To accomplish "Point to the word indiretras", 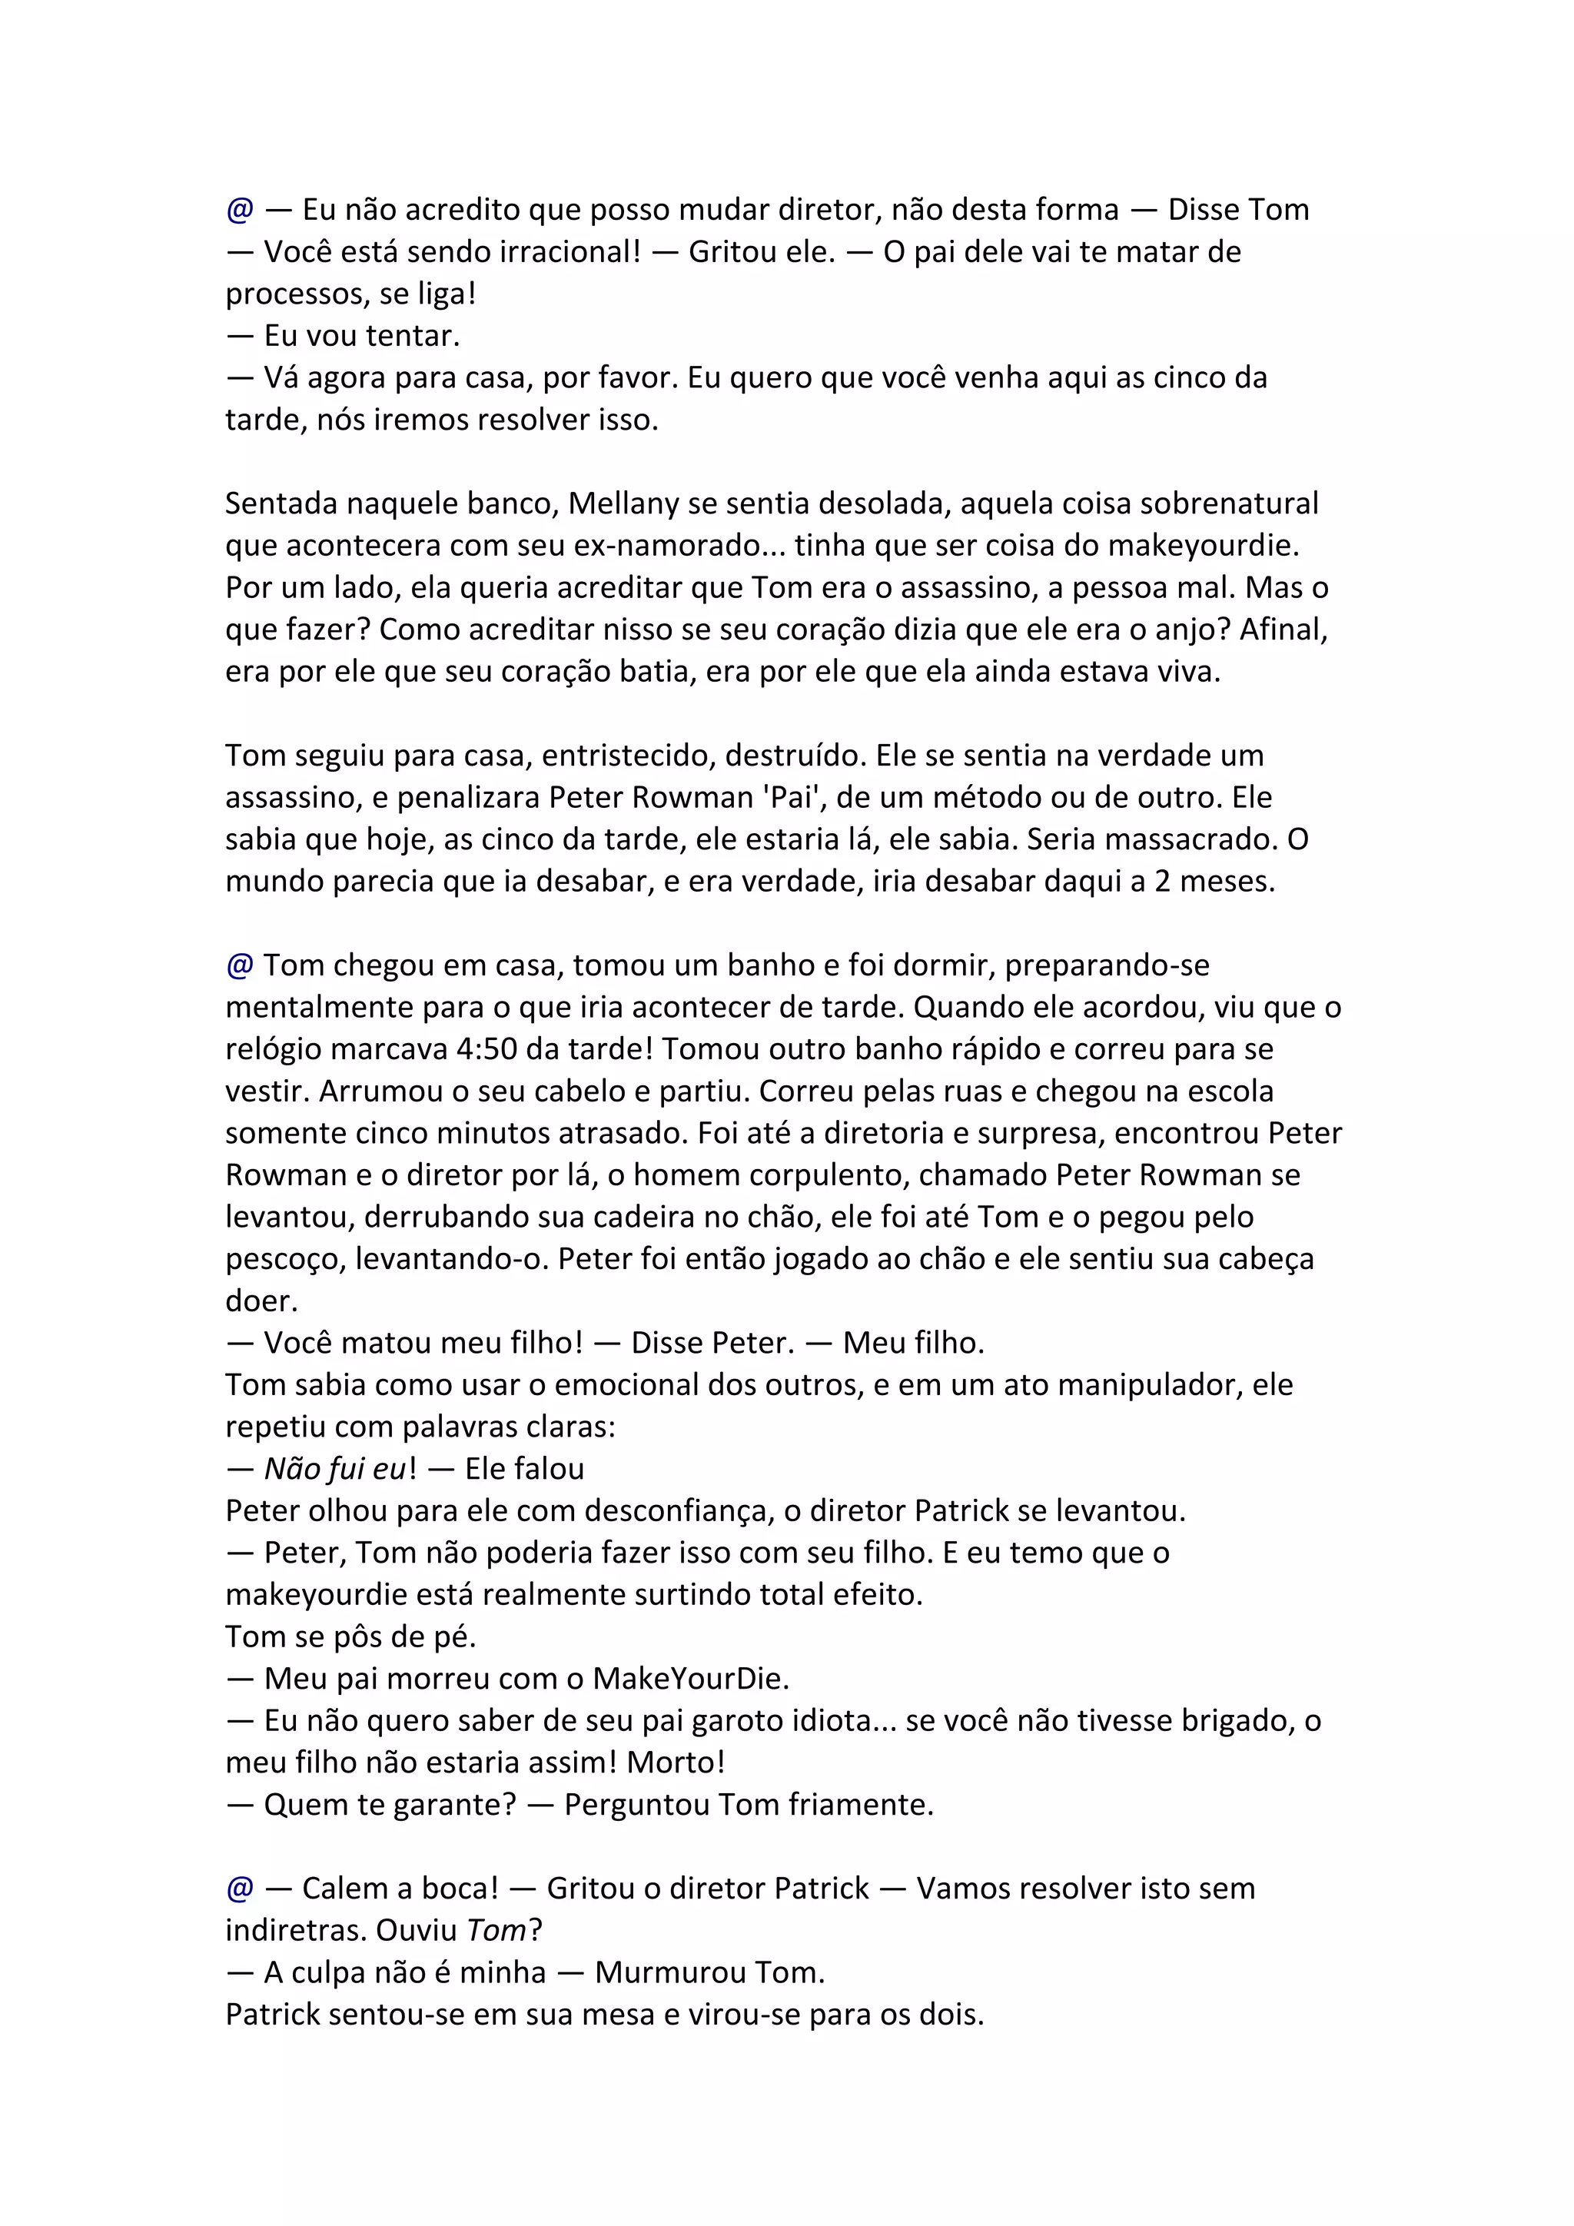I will pyautogui.click(x=296, y=1930).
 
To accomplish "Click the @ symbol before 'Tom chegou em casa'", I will pyautogui.click(x=239, y=965).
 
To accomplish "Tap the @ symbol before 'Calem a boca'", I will pyautogui.click(x=239, y=1888).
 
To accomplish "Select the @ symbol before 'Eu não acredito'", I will pyautogui.click(x=239, y=209).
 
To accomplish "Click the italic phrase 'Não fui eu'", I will pyautogui.click(x=335, y=1469).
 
